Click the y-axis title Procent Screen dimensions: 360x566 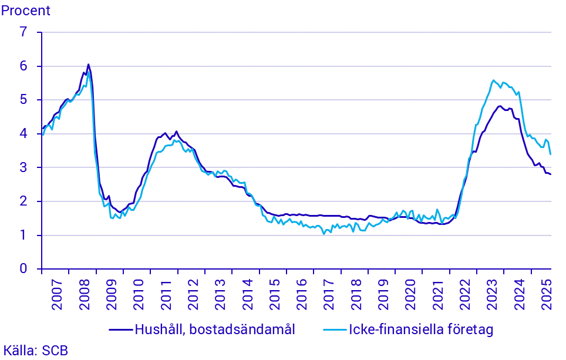[x=26, y=10]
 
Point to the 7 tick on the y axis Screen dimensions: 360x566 [x=23, y=32]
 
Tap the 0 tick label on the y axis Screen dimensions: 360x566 [x=23, y=269]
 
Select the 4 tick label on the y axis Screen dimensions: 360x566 [x=23, y=134]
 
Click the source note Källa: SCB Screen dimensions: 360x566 [x=35, y=351]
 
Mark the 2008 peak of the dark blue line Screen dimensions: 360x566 [x=88, y=65]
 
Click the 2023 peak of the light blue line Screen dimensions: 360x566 [x=493, y=80]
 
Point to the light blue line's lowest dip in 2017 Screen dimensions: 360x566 [x=324, y=234]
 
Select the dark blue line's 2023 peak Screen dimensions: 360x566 [x=500, y=106]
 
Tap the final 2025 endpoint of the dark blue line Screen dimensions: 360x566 [x=551, y=174]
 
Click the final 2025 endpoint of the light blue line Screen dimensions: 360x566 [x=551, y=154]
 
